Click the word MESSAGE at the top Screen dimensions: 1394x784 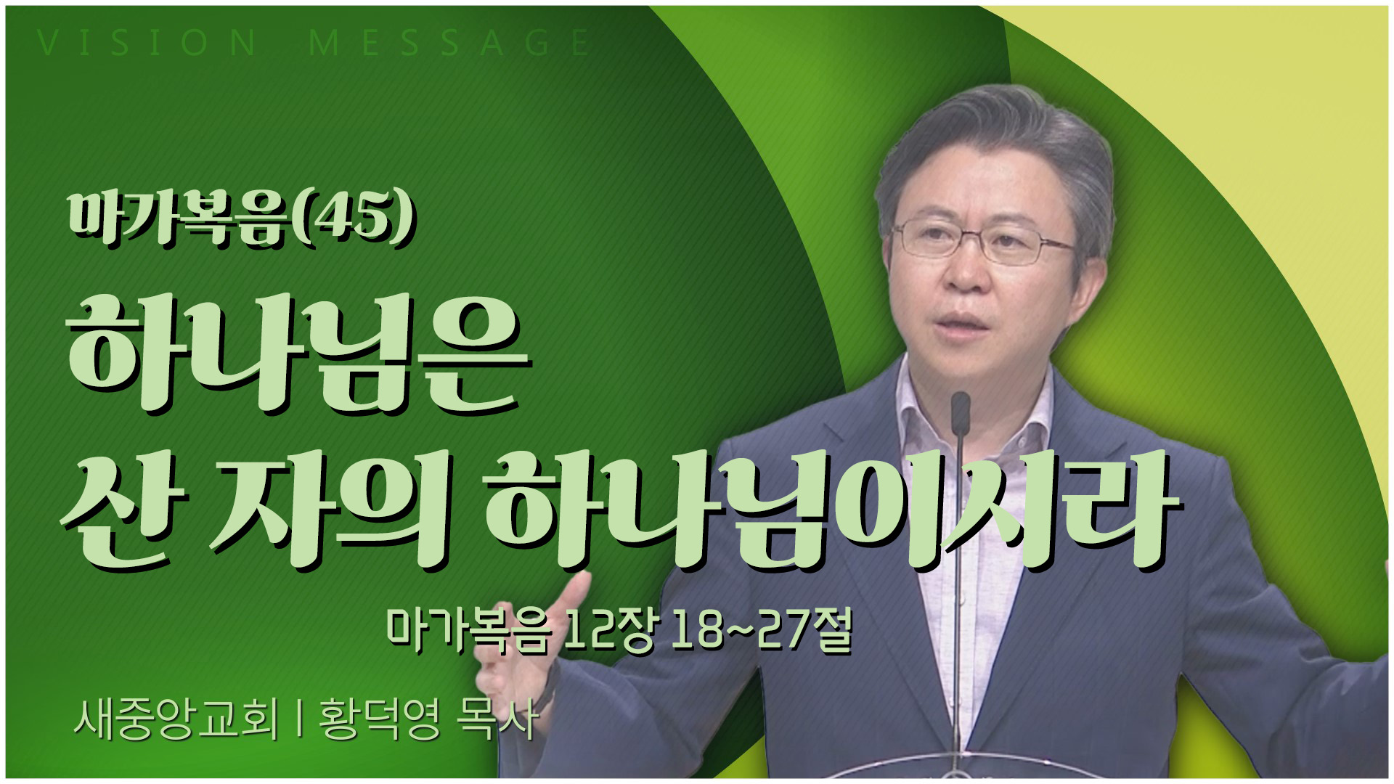click(x=449, y=44)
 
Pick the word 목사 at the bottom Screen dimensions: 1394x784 click(x=497, y=722)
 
